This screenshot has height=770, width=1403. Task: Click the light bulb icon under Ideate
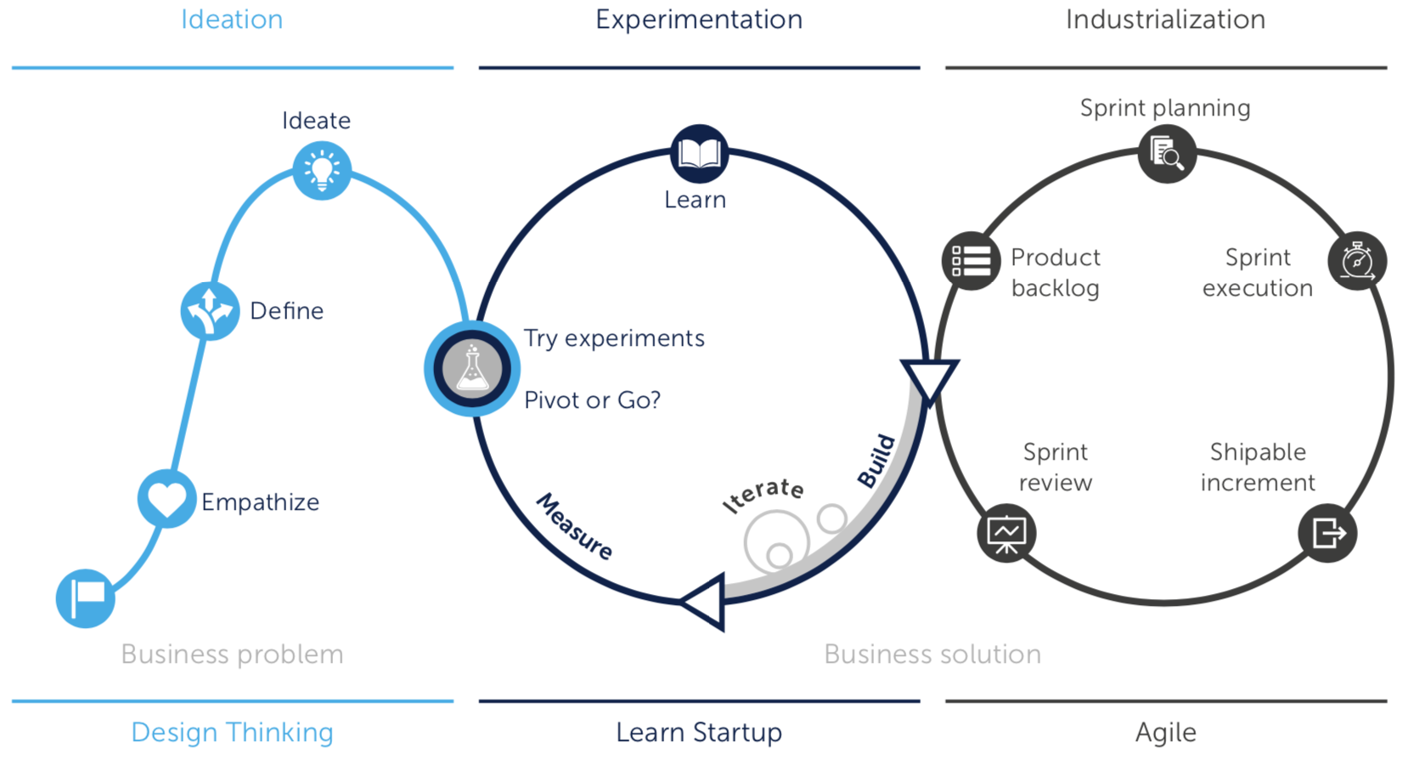[x=322, y=171]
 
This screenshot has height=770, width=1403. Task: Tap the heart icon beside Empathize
[x=166, y=499]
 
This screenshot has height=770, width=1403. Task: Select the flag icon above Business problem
[x=86, y=598]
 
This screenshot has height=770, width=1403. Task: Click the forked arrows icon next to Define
[x=210, y=311]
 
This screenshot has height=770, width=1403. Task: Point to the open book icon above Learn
[x=700, y=154]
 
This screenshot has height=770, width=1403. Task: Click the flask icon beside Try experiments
[x=472, y=369]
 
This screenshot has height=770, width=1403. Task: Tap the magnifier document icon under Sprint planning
[x=1167, y=154]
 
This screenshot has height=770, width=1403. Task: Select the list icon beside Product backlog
[x=971, y=261]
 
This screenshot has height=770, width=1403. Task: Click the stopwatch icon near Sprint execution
[x=1357, y=261]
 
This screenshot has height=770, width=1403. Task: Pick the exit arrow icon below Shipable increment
[x=1328, y=534]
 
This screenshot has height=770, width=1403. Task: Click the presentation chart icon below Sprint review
[x=1006, y=534]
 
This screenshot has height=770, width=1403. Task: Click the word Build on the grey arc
[x=876, y=461]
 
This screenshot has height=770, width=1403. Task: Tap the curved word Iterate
[x=763, y=495]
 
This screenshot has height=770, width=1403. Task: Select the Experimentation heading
[x=699, y=20]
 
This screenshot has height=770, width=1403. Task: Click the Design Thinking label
[x=233, y=733]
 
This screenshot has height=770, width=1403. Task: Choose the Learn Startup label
[x=699, y=733]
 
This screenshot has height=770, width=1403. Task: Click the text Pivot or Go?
[x=593, y=400]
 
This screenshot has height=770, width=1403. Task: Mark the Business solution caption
[x=933, y=654]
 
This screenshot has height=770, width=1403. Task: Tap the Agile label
[x=1166, y=733]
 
